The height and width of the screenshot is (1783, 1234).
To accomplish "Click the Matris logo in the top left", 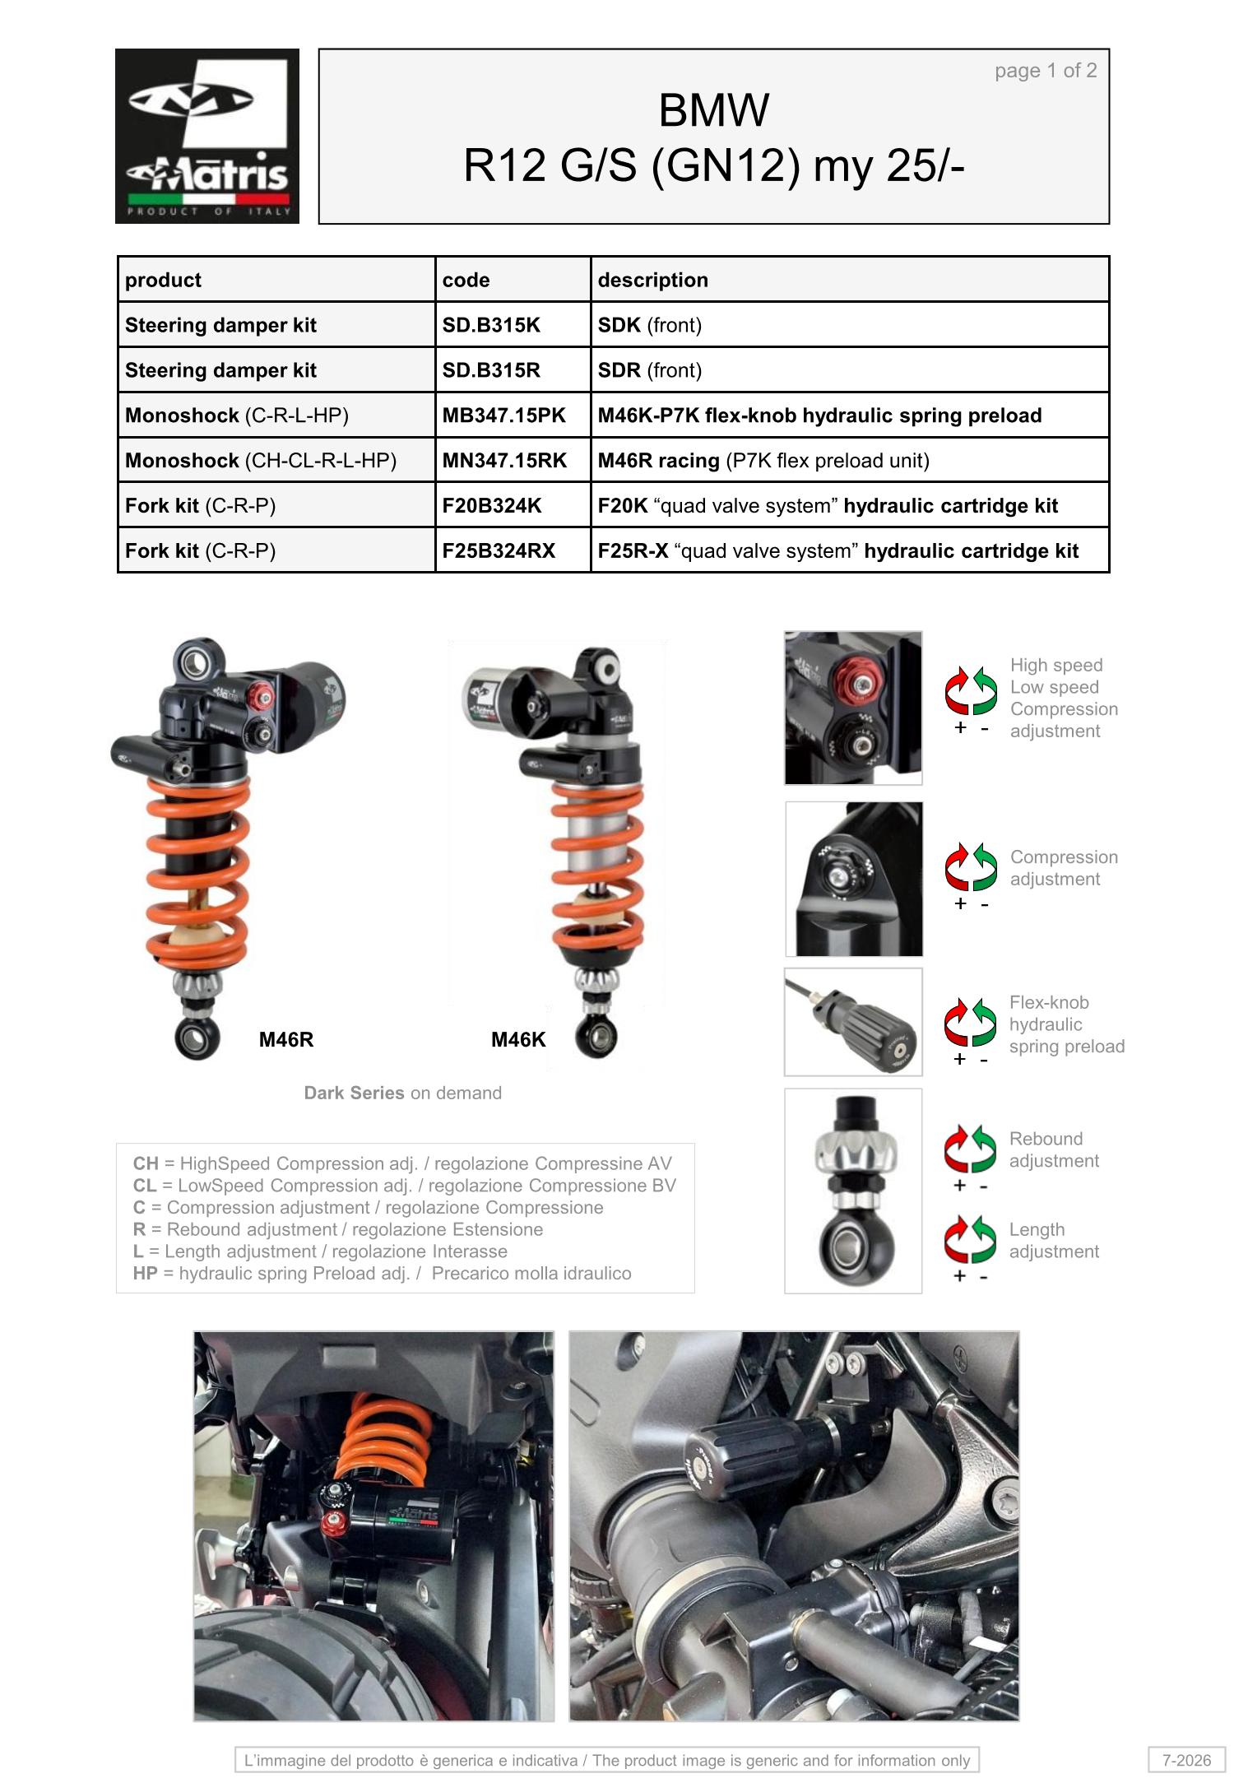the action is (x=207, y=136).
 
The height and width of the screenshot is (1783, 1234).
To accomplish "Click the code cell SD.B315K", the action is (x=491, y=325).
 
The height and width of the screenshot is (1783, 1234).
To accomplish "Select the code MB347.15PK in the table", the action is (x=503, y=416).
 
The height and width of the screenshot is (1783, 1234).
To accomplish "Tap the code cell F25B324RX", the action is (x=499, y=550).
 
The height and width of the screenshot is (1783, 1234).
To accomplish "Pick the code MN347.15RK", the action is (x=504, y=461).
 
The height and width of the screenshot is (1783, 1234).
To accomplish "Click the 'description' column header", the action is (x=652, y=280).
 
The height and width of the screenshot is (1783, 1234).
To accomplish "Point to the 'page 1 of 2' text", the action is (x=1046, y=71).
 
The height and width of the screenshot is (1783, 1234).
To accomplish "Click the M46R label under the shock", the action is (x=286, y=1039).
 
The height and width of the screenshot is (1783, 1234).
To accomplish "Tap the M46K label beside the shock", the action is (x=518, y=1039).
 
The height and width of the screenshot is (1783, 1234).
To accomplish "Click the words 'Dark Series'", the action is (x=354, y=1093).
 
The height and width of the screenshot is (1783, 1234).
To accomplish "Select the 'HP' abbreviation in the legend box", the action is (x=146, y=1273).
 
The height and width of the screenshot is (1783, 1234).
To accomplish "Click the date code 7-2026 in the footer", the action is (x=1186, y=1760).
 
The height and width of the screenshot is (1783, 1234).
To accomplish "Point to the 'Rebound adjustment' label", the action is (x=1054, y=1149).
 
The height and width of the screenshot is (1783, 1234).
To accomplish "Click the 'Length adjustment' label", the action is (x=1054, y=1240).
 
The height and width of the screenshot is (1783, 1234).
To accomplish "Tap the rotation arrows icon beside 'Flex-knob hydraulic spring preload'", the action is (x=971, y=1022).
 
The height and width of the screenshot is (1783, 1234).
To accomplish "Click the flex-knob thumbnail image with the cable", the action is (x=853, y=1022).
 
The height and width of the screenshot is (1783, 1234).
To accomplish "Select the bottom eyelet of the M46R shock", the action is (x=197, y=1038).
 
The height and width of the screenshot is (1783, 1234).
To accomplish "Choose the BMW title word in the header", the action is (x=714, y=110).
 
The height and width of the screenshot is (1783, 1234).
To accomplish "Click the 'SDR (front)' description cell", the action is (x=650, y=370).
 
